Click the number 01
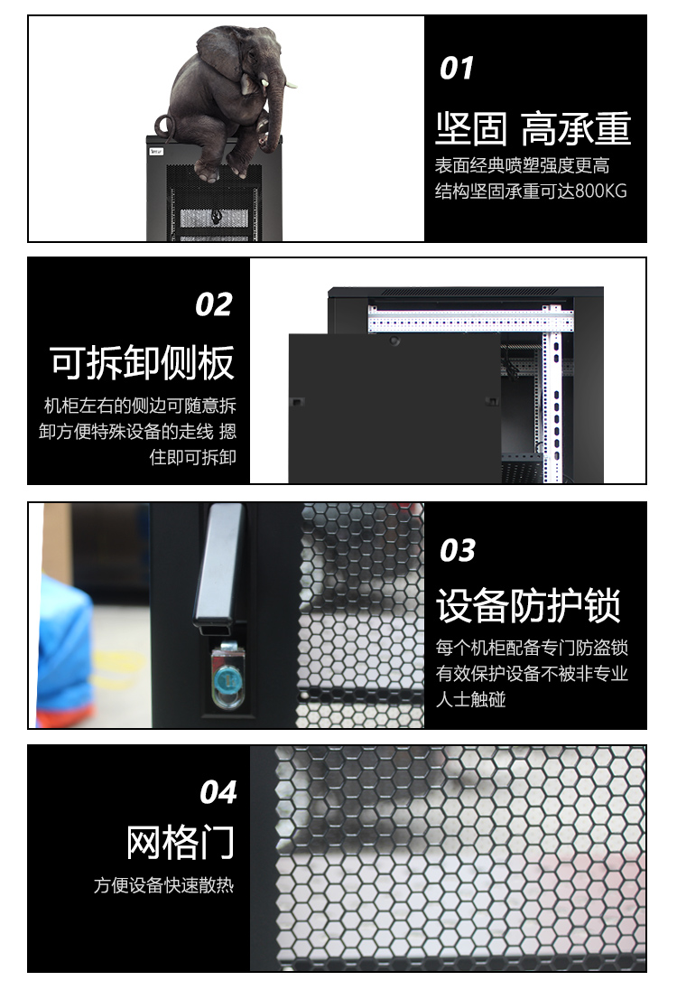456,68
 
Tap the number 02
214,304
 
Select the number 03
458,550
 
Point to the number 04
218,792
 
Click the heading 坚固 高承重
533,128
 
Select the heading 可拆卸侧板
142,362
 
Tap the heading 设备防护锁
528,605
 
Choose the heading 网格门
181,842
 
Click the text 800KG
601,191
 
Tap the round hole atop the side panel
395,341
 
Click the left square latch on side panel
296,402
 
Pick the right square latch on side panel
490,401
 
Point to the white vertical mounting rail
553,397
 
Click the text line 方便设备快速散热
164,885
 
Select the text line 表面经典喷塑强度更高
523,165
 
